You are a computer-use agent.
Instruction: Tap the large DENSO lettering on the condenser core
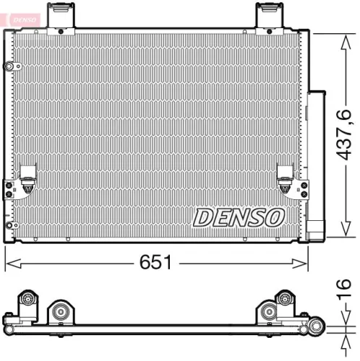coord(238,215)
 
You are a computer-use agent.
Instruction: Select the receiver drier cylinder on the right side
coord(317,162)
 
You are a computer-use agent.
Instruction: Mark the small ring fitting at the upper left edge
coord(9,67)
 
